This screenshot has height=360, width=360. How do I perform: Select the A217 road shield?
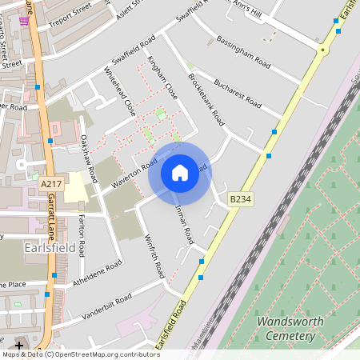tap(50, 185)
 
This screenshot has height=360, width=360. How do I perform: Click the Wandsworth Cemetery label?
tap(285, 329)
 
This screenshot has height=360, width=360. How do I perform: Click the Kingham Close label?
tap(162, 79)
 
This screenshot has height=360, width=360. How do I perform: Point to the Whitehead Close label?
tap(120, 92)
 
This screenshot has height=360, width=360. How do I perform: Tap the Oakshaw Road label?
tap(88, 156)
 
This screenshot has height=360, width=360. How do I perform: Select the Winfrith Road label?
tap(154, 256)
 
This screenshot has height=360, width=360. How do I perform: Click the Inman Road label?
tap(185, 224)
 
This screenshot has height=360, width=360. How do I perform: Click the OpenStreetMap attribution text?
tap(80, 354)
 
